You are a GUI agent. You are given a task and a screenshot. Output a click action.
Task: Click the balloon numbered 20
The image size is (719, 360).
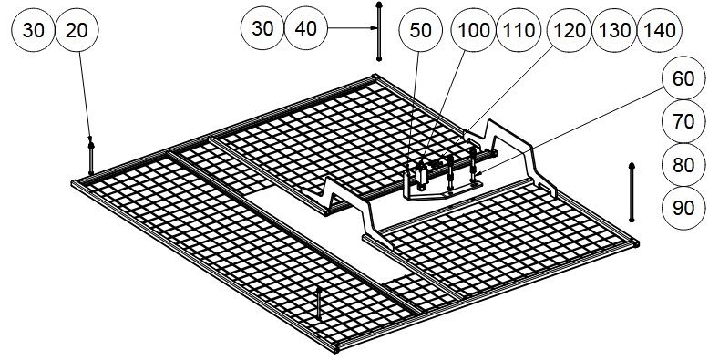(77, 30)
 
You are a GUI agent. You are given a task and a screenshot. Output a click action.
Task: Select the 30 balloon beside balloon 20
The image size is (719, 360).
(33, 30)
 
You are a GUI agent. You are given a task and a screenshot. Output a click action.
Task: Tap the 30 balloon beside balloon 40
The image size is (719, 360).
(262, 28)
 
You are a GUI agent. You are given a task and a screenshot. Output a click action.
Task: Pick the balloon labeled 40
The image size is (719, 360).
(306, 28)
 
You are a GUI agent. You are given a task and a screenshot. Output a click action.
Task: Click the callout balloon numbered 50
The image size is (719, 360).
(420, 30)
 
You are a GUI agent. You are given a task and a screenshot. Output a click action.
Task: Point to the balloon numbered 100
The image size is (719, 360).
(474, 30)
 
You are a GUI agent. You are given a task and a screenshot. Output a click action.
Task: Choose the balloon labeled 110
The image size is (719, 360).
(519, 30)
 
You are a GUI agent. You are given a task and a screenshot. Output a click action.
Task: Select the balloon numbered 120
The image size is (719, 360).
(570, 30)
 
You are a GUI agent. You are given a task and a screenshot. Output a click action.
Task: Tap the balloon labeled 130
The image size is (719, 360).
(614, 30)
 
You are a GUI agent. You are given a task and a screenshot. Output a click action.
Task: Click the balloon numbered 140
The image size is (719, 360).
(660, 30)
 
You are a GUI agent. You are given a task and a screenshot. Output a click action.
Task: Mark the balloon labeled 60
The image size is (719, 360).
(683, 78)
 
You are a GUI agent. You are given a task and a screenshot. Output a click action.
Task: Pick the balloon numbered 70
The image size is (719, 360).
(683, 121)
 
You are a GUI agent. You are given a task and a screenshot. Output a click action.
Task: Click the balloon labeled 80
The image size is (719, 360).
(683, 165)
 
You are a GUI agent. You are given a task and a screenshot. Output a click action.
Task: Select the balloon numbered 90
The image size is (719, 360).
(683, 208)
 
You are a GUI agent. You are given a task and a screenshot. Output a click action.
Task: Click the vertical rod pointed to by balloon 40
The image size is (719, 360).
(379, 32)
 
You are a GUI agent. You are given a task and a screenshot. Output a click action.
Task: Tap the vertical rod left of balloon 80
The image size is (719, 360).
(632, 192)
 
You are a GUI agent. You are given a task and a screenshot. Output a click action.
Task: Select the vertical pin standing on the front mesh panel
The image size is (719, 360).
(318, 303)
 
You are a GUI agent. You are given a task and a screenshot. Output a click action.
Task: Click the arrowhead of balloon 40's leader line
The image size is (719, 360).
(375, 28)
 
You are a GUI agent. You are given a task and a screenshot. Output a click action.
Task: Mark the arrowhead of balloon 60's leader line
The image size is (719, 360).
(478, 173)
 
